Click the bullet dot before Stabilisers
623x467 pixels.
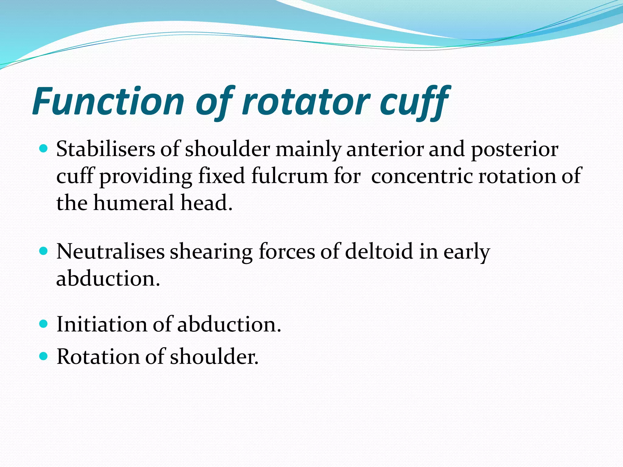point(44,149)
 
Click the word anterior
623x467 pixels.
point(385,149)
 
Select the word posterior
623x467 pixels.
point(514,150)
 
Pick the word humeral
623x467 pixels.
point(134,203)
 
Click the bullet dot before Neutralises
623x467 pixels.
point(44,251)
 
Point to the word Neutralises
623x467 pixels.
point(110,252)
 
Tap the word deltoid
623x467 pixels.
point(379,252)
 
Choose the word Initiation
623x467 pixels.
point(102,324)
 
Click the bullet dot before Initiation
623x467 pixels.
point(44,323)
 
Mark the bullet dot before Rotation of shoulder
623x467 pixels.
point(44,356)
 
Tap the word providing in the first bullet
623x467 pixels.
point(146,177)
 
